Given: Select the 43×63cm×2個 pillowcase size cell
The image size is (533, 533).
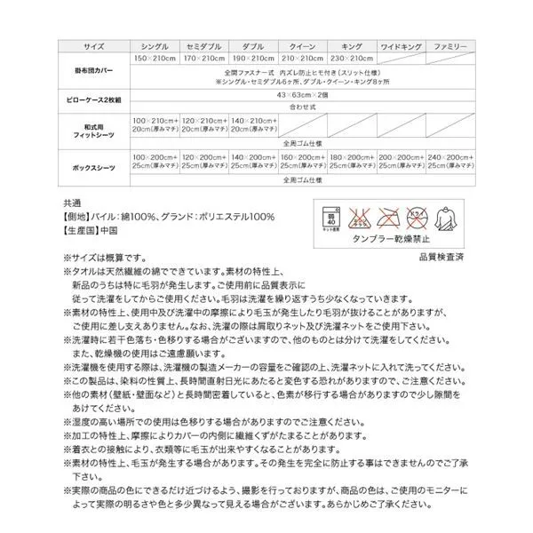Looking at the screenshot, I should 302,93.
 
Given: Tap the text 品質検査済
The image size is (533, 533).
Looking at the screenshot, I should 441,257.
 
